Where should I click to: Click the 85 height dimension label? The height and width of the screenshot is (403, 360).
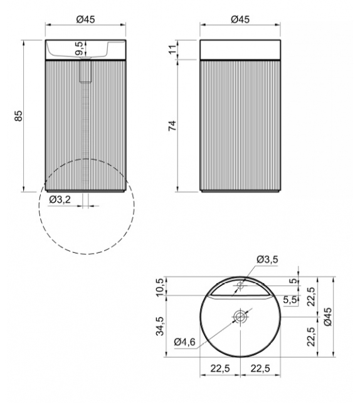click(19, 116)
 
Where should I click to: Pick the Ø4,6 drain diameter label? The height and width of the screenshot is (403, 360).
click(186, 342)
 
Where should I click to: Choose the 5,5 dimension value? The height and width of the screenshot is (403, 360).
click(290, 301)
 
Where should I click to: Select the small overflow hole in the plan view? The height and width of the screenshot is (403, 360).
click(240, 286)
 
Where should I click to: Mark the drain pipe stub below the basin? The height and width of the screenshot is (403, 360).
click(85, 72)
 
